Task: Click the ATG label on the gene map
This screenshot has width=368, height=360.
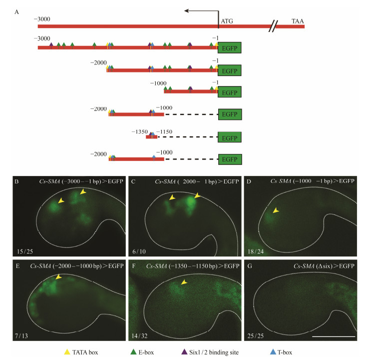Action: pyautogui.click(x=227, y=22)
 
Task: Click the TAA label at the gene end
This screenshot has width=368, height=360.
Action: pyautogui.click(x=298, y=21)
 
